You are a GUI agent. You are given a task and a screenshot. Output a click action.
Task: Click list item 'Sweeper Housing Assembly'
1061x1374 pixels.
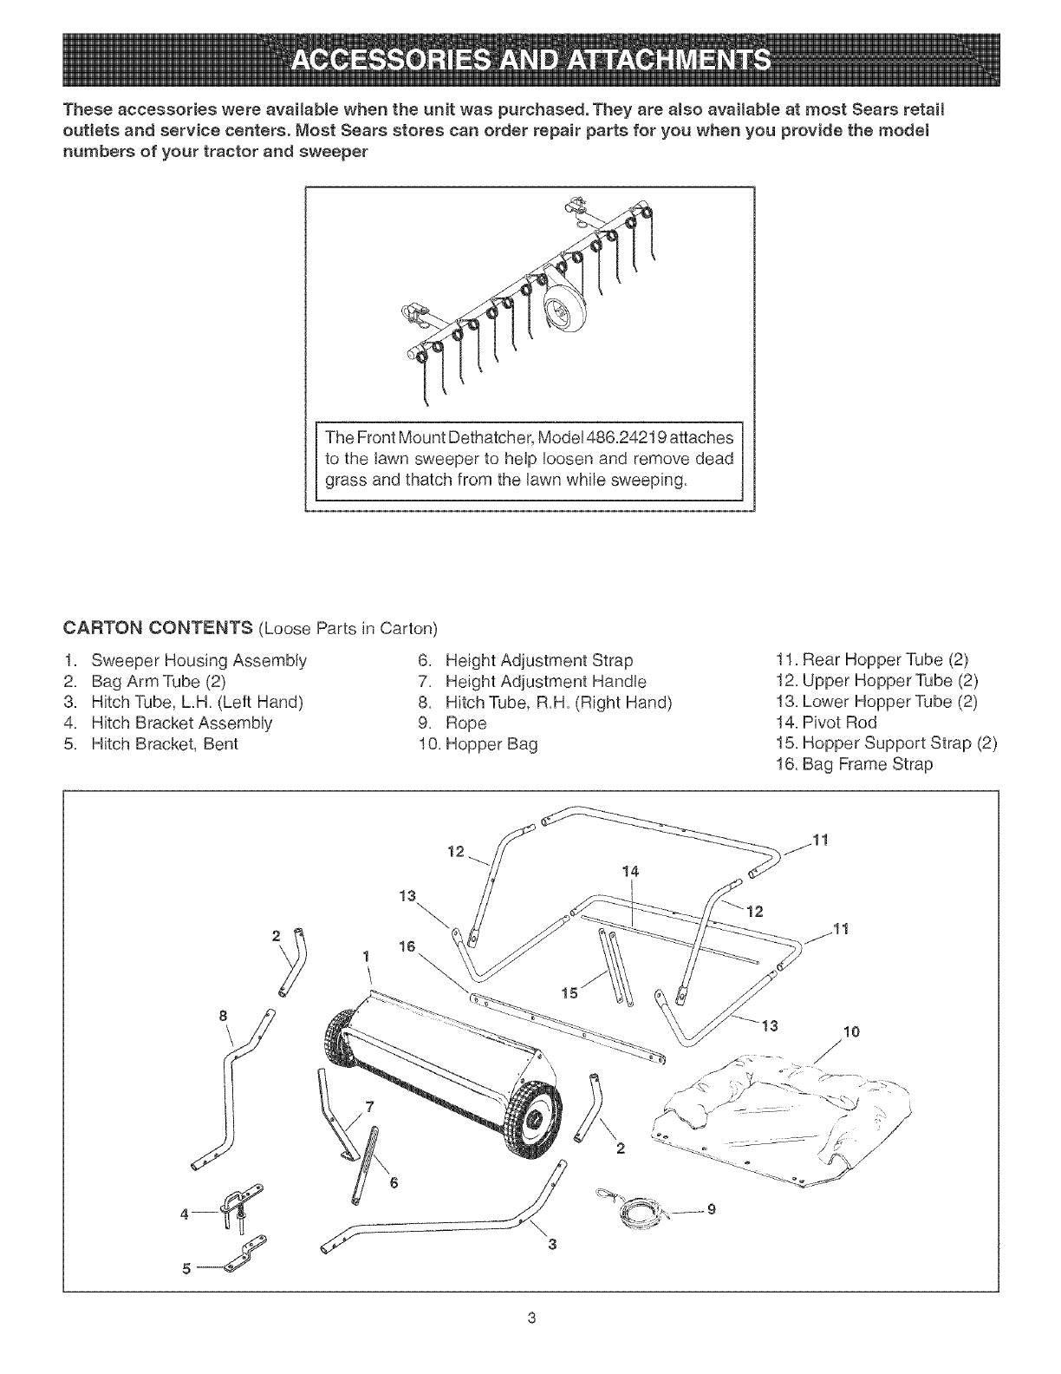199,660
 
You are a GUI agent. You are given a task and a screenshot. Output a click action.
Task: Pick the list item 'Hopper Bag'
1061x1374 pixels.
491,744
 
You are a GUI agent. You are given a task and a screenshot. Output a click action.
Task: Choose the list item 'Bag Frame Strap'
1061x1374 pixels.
856,765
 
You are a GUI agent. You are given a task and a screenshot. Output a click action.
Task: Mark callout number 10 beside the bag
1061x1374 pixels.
852,1032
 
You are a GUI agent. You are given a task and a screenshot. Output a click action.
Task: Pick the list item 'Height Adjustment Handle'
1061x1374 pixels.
545,681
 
